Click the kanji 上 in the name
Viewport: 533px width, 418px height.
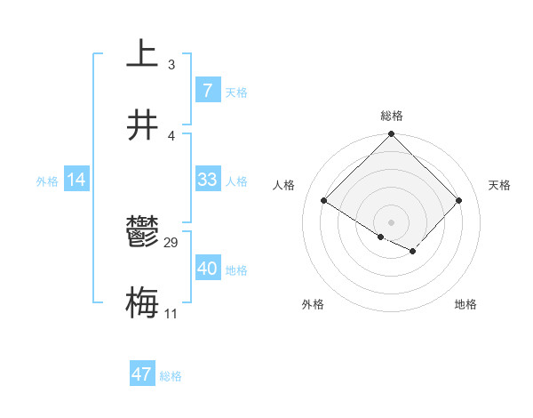tap(142, 53)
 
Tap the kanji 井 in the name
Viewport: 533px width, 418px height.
tap(142, 125)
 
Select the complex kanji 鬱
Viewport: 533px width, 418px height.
tap(142, 233)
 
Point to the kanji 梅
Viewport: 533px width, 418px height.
tap(142, 303)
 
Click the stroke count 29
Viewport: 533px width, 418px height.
tap(171, 243)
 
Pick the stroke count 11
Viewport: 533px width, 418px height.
tap(171, 314)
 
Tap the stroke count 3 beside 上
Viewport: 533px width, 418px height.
tap(171, 64)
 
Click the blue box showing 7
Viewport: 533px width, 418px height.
tap(207, 91)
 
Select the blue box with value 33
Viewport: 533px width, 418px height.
tap(207, 180)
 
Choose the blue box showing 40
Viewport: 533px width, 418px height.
tap(207, 269)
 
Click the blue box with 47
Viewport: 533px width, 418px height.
tap(141, 374)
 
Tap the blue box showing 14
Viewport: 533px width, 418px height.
tap(76, 180)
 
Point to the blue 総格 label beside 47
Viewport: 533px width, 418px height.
tap(171, 376)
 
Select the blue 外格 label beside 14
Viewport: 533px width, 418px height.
tap(47, 181)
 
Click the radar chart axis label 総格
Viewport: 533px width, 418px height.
tap(392, 116)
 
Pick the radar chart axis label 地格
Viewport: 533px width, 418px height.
tap(465, 304)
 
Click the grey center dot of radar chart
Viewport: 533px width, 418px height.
tap(391, 221)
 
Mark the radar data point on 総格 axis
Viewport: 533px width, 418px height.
tap(391, 135)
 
